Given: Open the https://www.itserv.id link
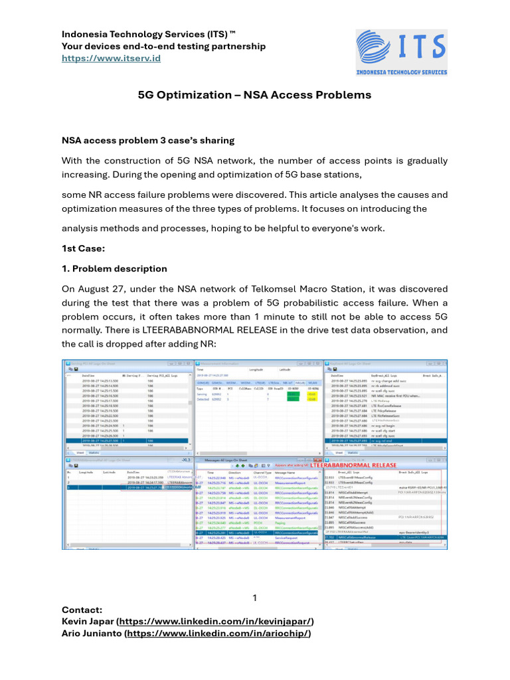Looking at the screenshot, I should [111, 58].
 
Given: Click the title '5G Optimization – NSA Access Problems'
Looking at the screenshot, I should [254, 95].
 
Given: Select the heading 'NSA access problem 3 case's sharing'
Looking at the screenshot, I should [148, 140].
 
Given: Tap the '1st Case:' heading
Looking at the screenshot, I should [83, 248].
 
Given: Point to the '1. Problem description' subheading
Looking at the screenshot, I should [114, 268].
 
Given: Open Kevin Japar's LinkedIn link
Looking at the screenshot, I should [215, 621].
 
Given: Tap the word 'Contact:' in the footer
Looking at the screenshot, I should [82, 608].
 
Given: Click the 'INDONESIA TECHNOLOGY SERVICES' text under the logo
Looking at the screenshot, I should [401, 72].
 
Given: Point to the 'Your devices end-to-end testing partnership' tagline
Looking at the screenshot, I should [163, 46].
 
